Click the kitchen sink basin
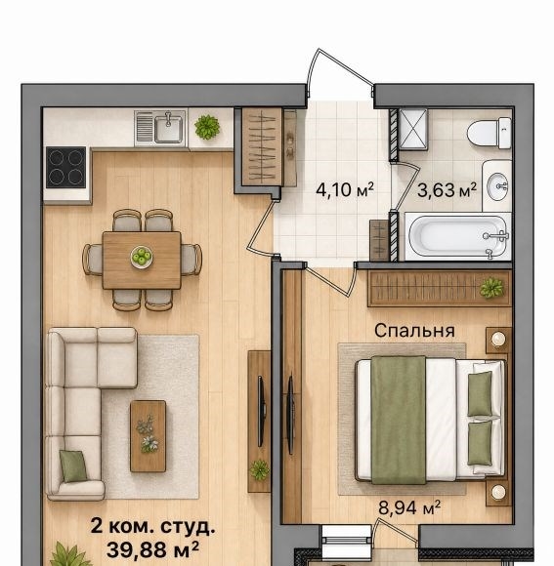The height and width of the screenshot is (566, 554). [x=168, y=128]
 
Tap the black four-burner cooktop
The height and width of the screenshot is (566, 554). [x=66, y=167]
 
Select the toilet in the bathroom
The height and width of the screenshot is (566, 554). [x=490, y=133]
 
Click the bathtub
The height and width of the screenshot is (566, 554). [x=458, y=236]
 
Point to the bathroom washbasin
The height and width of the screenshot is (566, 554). [x=497, y=186]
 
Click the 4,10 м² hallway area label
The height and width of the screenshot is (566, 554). [x=344, y=190]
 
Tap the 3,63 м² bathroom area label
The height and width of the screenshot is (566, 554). [x=447, y=190]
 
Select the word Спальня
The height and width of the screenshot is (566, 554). [x=414, y=331]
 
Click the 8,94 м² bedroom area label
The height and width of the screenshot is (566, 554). [x=409, y=507]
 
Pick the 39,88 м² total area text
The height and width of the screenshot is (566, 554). [x=152, y=549]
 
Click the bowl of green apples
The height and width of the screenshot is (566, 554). [x=142, y=257]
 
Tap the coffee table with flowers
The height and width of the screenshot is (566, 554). [x=149, y=436]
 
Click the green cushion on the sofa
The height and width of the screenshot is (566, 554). [x=73, y=465]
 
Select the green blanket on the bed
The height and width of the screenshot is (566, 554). [x=399, y=421]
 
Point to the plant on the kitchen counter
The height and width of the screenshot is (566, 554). [x=207, y=127]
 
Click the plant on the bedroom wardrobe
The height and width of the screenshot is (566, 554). [x=491, y=288]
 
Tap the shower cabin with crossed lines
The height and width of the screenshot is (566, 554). [x=412, y=129]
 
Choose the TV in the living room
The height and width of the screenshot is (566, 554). [x=260, y=412]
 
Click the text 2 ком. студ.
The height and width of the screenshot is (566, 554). [x=152, y=527]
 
